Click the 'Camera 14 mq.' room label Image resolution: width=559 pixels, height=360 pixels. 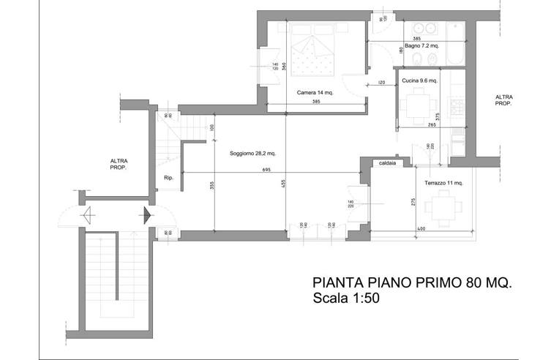point(315,93)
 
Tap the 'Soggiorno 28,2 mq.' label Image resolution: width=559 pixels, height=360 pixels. point(252,154)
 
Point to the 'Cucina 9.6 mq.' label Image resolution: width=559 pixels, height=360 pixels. point(420,80)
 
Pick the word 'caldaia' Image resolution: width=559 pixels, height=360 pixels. point(387,164)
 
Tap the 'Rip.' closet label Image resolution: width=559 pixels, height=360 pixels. point(168,178)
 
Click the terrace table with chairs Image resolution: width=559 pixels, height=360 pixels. point(443,206)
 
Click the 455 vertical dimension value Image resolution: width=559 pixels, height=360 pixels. point(282,185)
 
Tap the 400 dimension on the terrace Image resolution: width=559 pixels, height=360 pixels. point(421,230)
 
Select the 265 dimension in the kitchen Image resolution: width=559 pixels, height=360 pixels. point(433,125)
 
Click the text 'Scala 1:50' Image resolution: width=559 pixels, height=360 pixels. point(345,299)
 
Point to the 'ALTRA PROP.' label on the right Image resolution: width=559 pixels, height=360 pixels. point(503,100)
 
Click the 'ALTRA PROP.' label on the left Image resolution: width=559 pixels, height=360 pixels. point(119,163)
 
